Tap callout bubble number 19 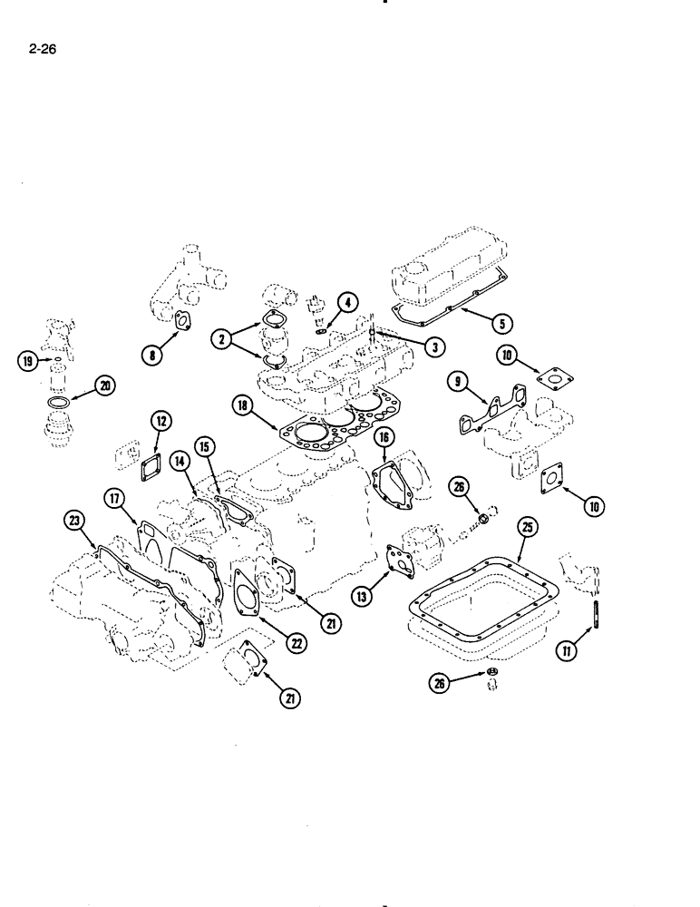[x=27, y=360]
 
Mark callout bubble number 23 [x=74, y=521]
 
